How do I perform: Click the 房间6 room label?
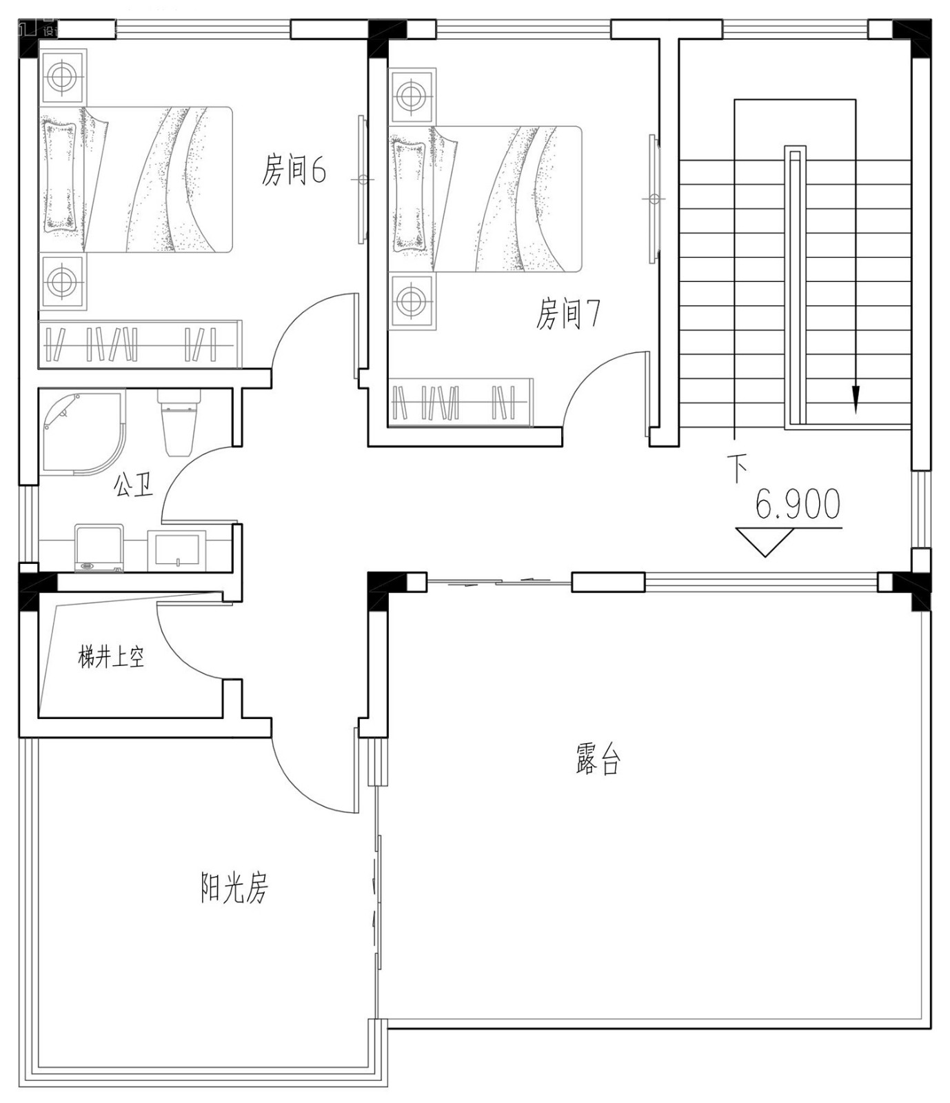point(293,170)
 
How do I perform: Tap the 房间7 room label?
point(567,314)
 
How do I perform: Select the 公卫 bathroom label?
point(132,485)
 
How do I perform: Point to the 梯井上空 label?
point(111,658)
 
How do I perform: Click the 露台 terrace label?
point(598,759)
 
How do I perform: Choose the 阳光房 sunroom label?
point(234,888)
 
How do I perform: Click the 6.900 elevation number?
point(798,505)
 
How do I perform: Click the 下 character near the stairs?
point(738,469)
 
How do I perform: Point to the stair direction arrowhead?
point(856,398)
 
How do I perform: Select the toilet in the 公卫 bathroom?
point(178,422)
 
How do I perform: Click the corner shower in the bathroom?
point(79,433)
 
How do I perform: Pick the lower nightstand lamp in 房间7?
point(411,301)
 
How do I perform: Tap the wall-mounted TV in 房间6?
point(361,179)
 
